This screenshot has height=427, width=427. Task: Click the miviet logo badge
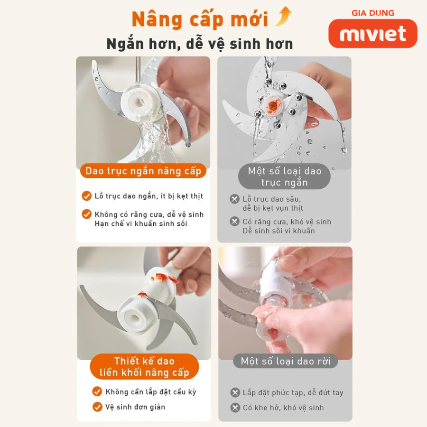[372, 34]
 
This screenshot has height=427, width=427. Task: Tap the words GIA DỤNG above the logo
[373, 13]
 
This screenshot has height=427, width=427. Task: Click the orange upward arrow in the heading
[283, 16]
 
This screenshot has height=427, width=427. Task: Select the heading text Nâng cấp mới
[200, 19]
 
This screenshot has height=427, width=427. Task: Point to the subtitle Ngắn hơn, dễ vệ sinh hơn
[200, 44]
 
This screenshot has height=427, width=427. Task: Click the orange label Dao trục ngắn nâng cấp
[143, 171]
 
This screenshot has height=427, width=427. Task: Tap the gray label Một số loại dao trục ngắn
[284, 176]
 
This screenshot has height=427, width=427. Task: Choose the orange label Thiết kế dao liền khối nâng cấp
[144, 367]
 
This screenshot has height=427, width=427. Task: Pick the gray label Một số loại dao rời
[286, 361]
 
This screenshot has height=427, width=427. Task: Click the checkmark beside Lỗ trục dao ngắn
[87, 196]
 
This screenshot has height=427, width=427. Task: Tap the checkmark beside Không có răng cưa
[87, 214]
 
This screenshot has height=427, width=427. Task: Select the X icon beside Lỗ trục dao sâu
[234, 199]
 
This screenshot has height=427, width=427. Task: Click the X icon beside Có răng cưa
[234, 222]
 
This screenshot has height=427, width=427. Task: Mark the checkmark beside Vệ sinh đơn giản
[97, 407]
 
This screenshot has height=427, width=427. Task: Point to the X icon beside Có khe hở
[235, 408]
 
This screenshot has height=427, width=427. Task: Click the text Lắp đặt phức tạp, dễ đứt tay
[293, 393]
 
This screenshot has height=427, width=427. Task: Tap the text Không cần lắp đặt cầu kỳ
[151, 392]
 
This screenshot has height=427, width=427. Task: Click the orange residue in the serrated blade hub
[273, 104]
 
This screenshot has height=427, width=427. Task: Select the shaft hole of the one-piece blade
[134, 318]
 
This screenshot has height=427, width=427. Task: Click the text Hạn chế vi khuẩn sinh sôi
[141, 223]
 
